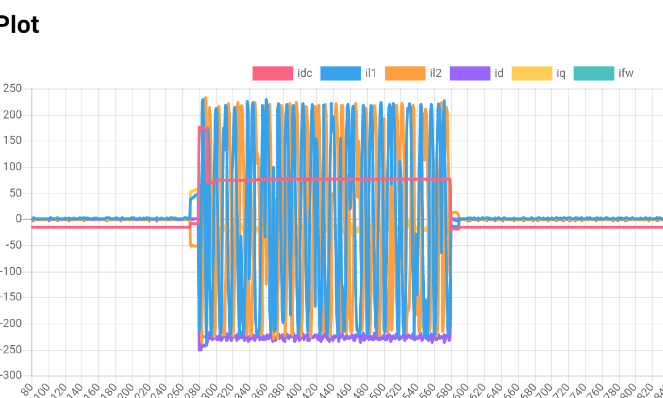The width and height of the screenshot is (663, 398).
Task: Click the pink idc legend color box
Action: [x=273, y=74]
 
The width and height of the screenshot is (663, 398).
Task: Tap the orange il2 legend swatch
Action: [x=405, y=74]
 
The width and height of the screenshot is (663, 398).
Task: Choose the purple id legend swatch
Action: [x=470, y=74]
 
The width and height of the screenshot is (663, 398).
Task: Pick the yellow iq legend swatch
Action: [x=532, y=74]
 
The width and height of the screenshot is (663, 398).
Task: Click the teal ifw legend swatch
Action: [x=594, y=74]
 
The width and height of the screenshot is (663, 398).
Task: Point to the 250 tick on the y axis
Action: [x=12, y=89]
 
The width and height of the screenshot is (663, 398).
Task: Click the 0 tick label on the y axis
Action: [x=18, y=219]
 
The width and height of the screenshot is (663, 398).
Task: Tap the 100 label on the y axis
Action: [x=12, y=167]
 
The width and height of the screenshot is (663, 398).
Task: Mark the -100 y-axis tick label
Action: [x=9, y=271]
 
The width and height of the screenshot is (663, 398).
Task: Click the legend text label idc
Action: [x=305, y=74]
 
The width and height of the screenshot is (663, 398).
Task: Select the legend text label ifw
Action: [x=626, y=74]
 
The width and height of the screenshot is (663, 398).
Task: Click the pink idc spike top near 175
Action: [x=203, y=128]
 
